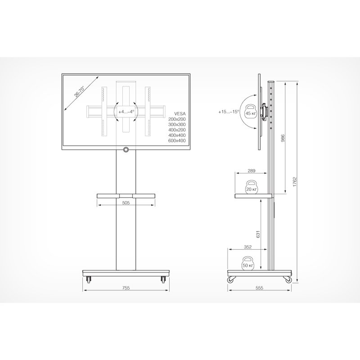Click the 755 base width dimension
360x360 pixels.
point(126,288)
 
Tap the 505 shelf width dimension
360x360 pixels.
point(126,202)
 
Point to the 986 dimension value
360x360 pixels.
point(283,138)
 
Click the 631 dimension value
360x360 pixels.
point(258,234)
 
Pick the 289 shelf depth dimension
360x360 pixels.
point(252,171)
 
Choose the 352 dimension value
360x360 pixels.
point(248,247)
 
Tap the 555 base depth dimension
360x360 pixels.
point(259,288)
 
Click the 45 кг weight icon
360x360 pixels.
point(251,112)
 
